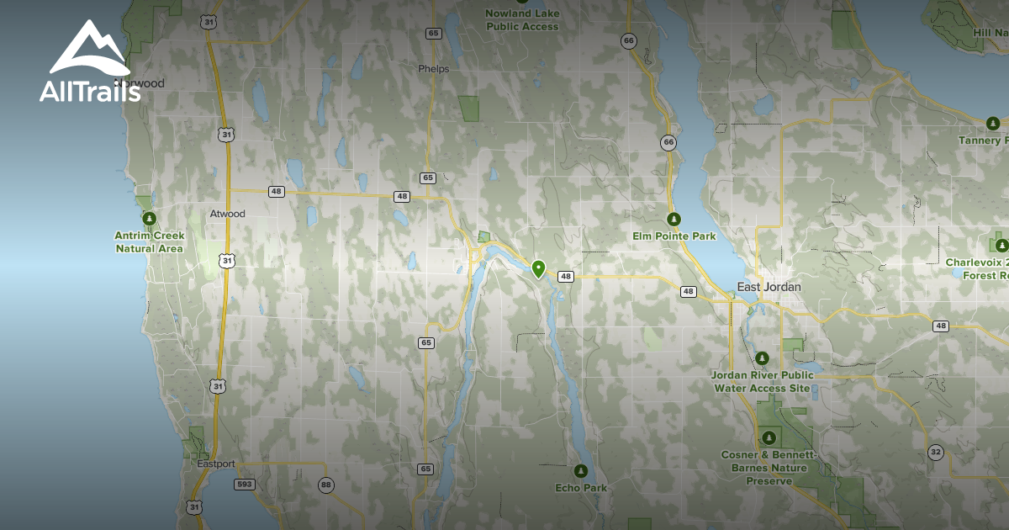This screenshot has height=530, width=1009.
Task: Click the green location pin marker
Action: [x=538, y=268]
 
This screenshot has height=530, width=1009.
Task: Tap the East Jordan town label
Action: [x=769, y=287]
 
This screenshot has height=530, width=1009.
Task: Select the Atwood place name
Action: [x=227, y=214]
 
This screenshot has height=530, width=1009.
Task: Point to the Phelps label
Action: [x=434, y=69]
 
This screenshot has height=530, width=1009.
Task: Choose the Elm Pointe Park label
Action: [x=674, y=236]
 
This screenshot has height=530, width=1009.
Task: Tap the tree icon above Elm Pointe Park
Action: [x=674, y=219]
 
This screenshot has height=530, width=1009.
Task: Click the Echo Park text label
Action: [x=581, y=488]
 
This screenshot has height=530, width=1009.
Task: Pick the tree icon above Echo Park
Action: [x=580, y=470]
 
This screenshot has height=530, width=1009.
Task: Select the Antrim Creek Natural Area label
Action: [x=149, y=242]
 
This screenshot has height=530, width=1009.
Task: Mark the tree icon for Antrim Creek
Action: [x=150, y=219]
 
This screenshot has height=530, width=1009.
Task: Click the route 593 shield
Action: [x=245, y=485]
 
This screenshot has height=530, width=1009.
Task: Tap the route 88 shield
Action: [x=325, y=485]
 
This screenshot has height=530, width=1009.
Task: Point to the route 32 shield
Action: [x=935, y=452]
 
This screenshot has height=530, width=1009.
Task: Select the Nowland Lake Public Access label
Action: [x=522, y=20]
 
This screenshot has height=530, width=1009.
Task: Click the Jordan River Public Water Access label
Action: [x=762, y=381]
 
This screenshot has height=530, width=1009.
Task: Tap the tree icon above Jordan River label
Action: [x=762, y=359]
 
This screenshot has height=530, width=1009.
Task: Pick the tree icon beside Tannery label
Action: [x=993, y=124]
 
